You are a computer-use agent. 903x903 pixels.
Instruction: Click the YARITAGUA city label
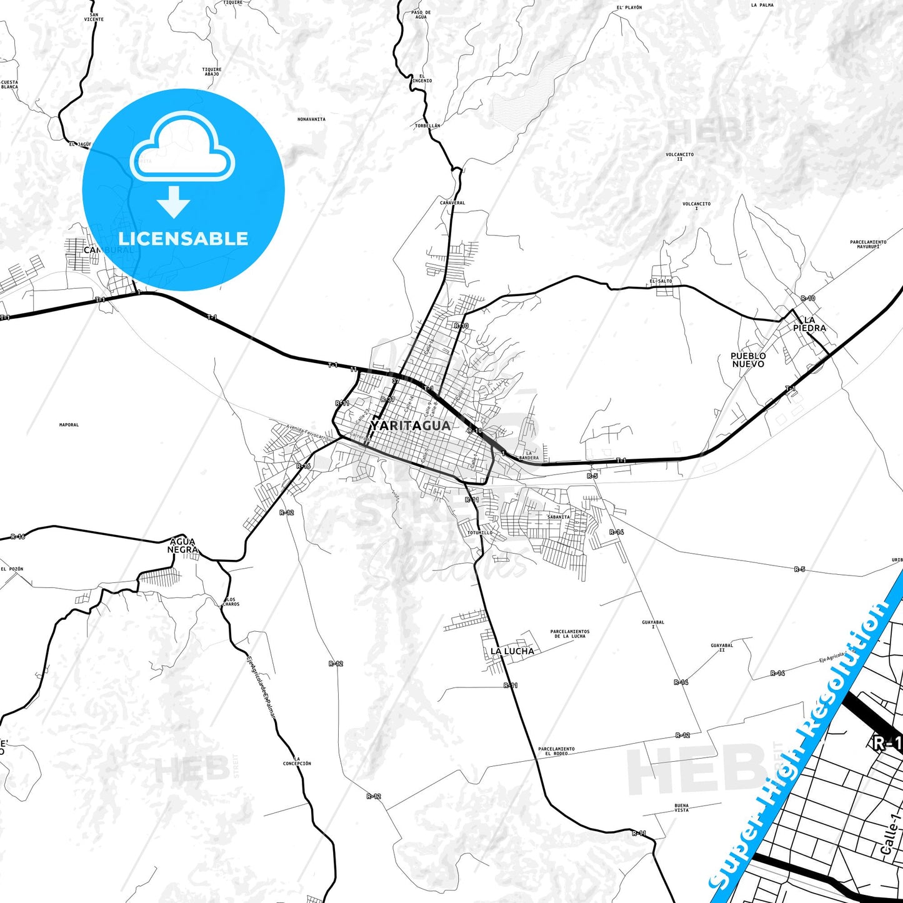tap(410, 426)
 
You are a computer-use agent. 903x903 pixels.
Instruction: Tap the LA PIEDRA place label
tap(809, 324)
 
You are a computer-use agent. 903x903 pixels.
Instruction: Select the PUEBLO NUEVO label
tap(748, 360)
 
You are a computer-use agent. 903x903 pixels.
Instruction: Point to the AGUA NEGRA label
tap(182, 546)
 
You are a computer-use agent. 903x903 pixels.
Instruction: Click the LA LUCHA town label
tap(512, 651)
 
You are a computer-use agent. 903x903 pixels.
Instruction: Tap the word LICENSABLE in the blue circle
tap(183, 239)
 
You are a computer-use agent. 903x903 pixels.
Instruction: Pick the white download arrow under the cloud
tap(174, 202)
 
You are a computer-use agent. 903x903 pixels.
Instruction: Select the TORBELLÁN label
tap(427, 126)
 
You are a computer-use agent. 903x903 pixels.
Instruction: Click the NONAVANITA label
tap(311, 119)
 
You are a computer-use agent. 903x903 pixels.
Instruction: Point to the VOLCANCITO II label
tap(679, 157)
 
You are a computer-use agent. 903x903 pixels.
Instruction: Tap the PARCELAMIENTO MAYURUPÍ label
tap(868, 244)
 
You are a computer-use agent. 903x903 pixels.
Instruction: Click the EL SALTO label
tap(661, 281)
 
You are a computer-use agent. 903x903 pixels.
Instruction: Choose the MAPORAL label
tap(69, 425)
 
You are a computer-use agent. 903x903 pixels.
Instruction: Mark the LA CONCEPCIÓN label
tap(297, 761)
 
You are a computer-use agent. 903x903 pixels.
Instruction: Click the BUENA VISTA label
tap(681, 808)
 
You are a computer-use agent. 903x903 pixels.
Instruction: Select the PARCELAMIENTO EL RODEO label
tap(556, 751)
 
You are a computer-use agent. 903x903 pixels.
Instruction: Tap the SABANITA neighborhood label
tap(558, 517)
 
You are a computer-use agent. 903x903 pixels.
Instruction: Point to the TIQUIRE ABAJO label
tap(211, 72)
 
